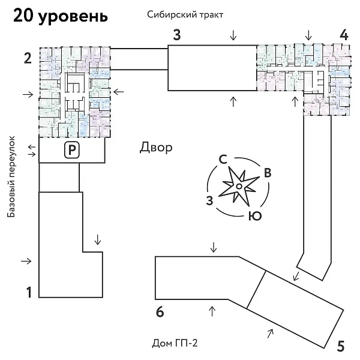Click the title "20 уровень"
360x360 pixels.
tap(61, 16)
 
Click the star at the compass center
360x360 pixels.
tap(238, 187)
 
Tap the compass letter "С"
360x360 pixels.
tap(223, 160)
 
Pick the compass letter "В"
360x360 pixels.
tap(268, 173)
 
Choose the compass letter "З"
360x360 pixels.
tap(209, 200)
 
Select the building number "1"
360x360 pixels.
tap(28, 293)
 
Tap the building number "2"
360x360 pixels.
tap(28, 58)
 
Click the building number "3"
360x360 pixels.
tap(176, 34)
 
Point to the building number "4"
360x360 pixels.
tap(343, 34)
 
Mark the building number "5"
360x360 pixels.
tap(341, 346)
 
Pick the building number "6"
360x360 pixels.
tap(160, 311)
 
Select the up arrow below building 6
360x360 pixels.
tap(211, 310)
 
